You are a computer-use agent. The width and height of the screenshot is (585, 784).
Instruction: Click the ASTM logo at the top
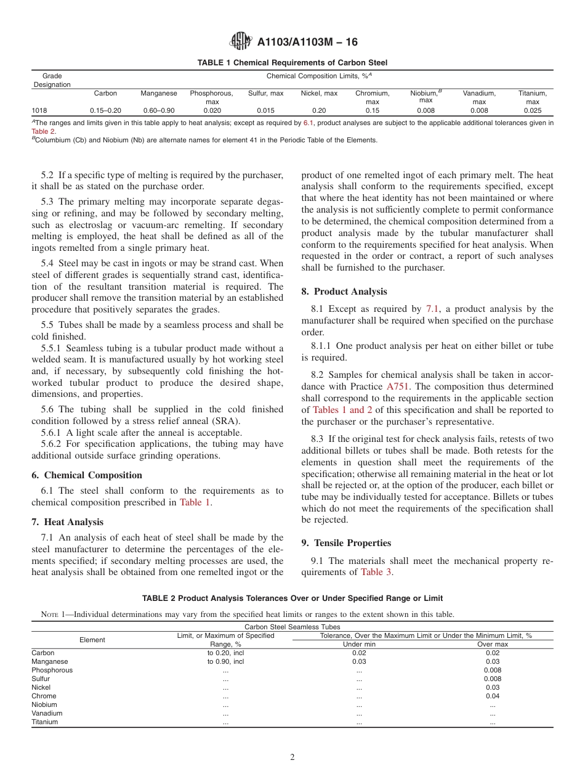tap(240, 41)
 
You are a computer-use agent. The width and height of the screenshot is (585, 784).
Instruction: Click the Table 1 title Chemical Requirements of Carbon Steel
tap(292, 63)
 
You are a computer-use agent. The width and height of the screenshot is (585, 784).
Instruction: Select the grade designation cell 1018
tap(39, 111)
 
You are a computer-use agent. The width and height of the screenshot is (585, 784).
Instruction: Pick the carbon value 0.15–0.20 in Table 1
tap(105, 111)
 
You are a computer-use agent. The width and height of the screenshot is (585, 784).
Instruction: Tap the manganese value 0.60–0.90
tap(158, 111)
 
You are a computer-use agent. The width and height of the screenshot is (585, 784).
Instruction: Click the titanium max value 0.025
tap(532, 111)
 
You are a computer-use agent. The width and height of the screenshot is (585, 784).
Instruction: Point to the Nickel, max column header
tap(319, 94)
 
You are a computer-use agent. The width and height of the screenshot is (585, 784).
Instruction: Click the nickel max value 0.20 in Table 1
tap(319, 111)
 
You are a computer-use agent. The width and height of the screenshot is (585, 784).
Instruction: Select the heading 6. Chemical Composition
tap(87, 475)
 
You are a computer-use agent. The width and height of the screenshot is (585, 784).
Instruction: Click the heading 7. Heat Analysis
tap(67, 522)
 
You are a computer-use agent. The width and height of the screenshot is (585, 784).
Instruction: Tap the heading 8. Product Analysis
tap(344, 292)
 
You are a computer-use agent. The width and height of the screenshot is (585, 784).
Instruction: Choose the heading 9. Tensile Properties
tap(346, 543)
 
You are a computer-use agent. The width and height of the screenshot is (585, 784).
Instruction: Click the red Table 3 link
tap(376, 572)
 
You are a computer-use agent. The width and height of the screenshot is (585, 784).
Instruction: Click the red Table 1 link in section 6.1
tap(195, 502)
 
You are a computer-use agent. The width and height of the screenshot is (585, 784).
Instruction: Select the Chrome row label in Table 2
tap(44, 696)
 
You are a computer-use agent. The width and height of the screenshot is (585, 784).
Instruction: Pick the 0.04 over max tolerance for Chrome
tap(492, 696)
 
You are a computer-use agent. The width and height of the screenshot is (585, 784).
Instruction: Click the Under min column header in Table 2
tap(359, 644)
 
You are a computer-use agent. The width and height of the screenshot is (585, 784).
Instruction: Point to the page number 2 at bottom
tap(292, 757)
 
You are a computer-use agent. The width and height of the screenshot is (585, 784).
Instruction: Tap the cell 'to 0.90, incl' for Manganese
tap(225, 661)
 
